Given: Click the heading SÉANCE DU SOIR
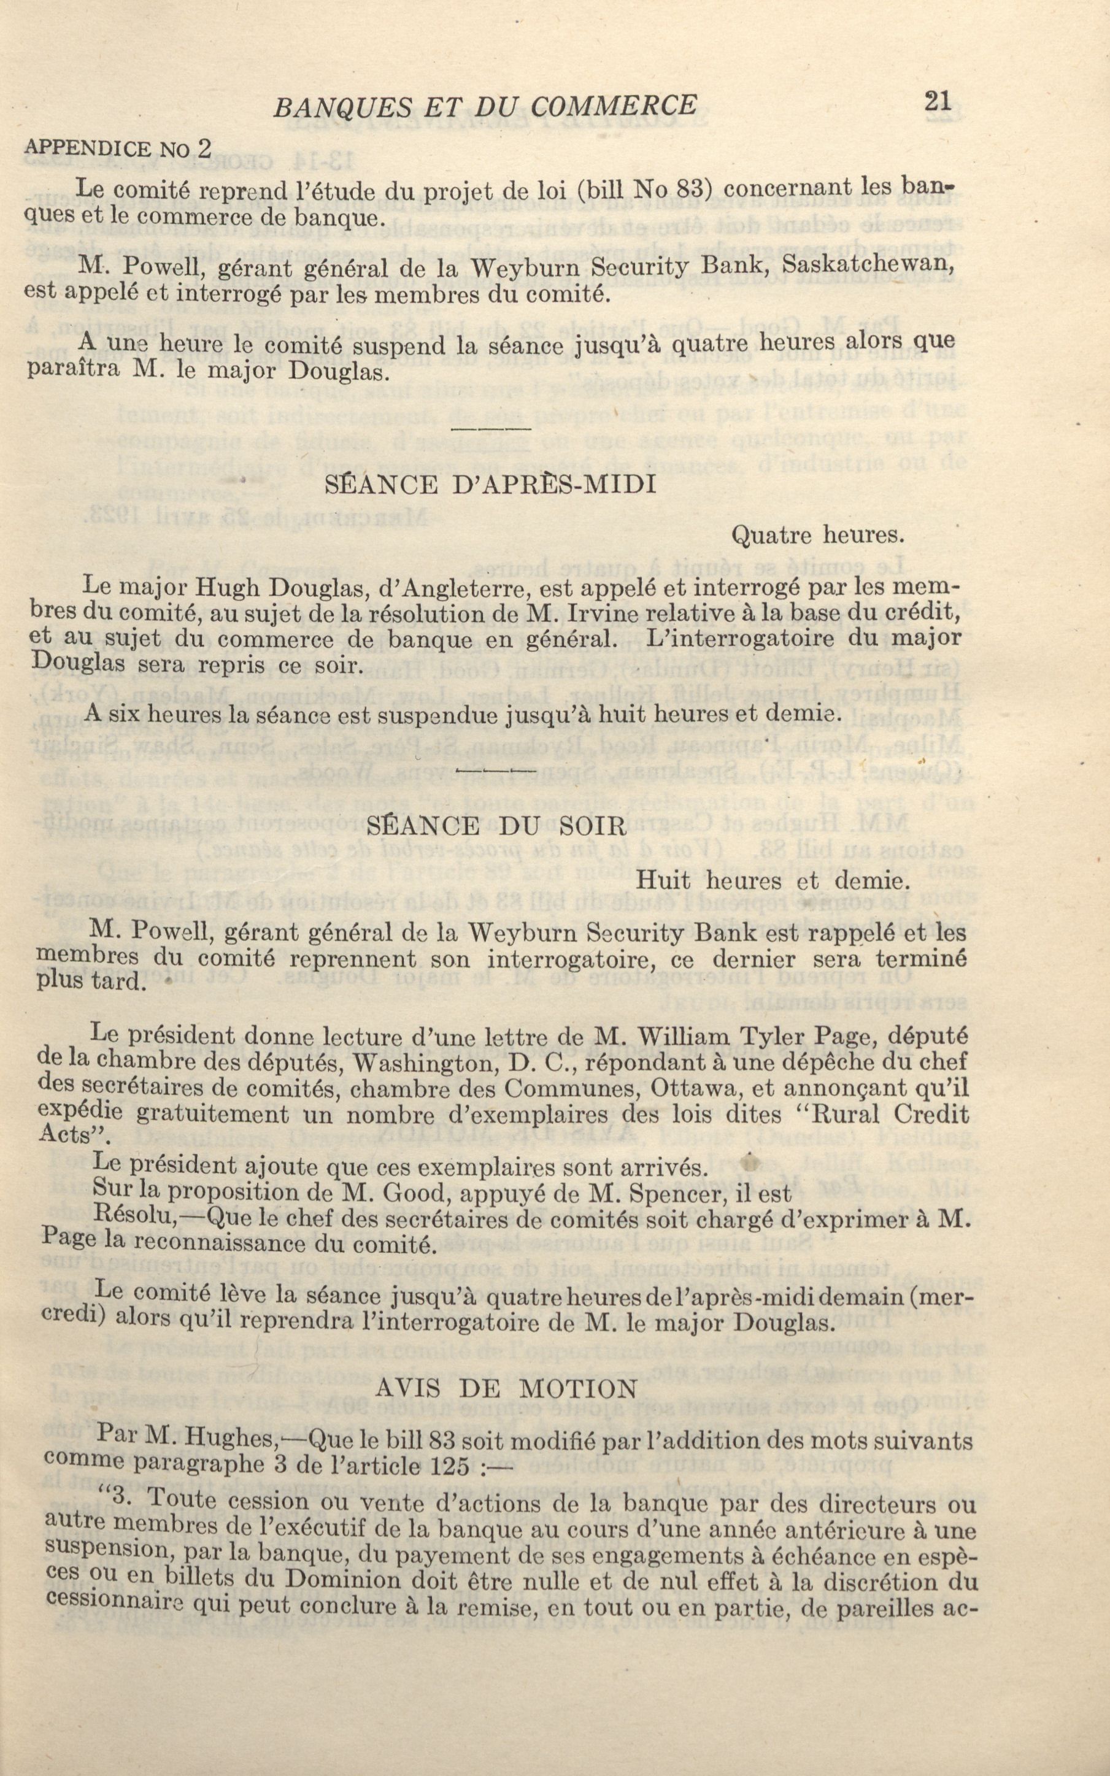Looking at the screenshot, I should [x=497, y=827].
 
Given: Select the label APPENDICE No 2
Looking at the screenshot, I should [x=118, y=149].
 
